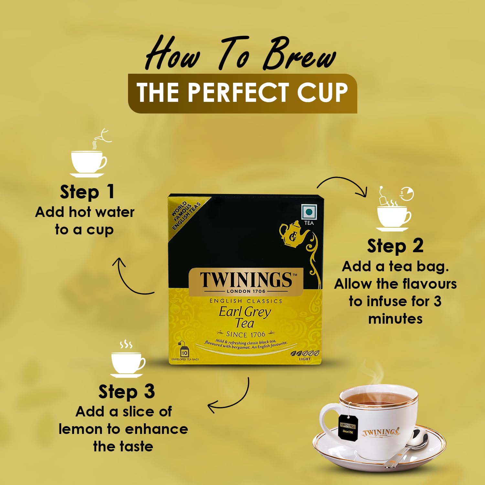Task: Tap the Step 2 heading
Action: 395,246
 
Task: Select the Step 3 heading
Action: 126,392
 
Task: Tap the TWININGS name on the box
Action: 246,280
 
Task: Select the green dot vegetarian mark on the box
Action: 309,212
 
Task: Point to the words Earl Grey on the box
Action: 245,312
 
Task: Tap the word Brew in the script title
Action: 299,55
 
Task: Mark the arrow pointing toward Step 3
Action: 230,398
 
